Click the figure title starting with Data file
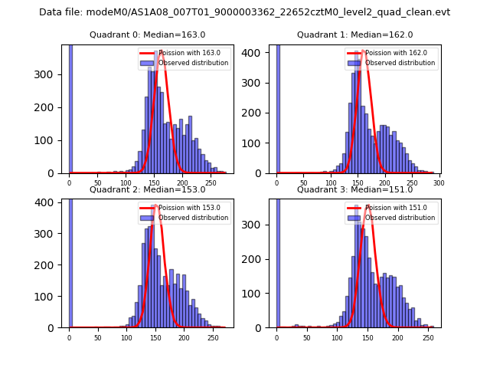point(244,12)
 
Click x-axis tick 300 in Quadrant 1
point(439,184)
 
